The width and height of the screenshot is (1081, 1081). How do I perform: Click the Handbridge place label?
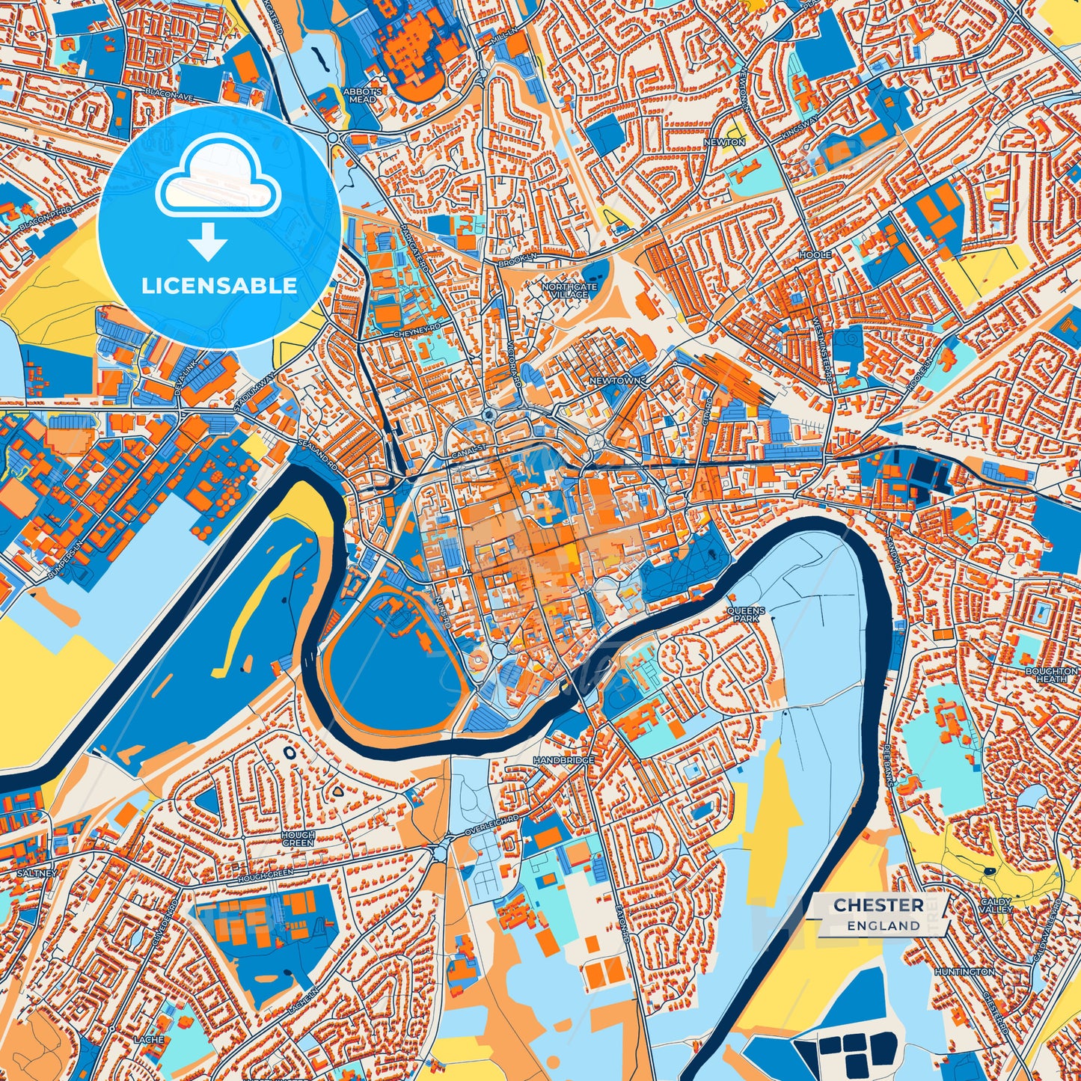click(564, 760)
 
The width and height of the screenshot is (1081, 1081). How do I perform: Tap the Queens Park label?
click(746, 615)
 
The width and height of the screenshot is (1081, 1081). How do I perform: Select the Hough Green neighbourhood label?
click(298, 838)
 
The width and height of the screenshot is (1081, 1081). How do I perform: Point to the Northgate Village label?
click(570, 290)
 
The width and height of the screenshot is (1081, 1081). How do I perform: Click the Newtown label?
click(615, 381)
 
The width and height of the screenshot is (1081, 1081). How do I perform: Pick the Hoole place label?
click(815, 255)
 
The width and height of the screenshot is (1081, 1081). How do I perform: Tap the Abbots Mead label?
click(363, 95)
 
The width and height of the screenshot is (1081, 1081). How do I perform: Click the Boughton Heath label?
click(1051, 675)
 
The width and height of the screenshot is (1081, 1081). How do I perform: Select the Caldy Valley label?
click(996, 905)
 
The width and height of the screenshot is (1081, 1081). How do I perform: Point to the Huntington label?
click(964, 971)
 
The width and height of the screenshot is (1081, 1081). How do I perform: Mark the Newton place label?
click(724, 141)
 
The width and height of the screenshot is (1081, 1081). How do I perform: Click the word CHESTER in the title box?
click(878, 905)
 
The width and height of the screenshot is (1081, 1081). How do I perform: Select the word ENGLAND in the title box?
click(884, 925)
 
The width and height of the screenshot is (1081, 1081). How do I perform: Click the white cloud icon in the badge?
click(218, 180)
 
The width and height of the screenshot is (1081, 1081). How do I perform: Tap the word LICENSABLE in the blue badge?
click(219, 286)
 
